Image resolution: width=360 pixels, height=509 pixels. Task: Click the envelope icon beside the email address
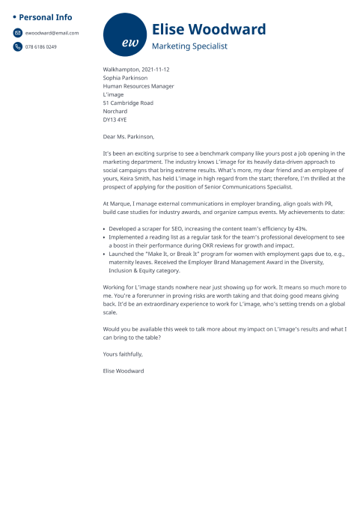point(17,33)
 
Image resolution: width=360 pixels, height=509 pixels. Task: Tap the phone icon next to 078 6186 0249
point(17,46)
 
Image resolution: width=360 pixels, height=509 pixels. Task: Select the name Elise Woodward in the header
point(208,29)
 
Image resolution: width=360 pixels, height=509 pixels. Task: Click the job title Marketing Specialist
point(189,46)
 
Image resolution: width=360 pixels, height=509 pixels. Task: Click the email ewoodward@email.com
point(52,33)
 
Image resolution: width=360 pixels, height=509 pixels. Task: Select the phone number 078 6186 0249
point(41,46)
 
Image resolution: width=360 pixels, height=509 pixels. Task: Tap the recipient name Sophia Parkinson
point(125,78)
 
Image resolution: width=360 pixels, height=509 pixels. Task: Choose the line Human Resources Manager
point(138,86)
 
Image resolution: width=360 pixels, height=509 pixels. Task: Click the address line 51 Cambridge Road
point(128,103)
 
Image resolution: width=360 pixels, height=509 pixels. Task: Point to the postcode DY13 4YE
point(115,119)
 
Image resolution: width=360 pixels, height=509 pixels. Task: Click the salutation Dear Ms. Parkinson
point(129,136)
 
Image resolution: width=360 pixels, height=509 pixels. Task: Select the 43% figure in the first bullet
point(300,228)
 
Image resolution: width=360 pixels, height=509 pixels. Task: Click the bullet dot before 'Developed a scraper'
point(105,228)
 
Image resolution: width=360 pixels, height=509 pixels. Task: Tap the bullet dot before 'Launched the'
point(105,254)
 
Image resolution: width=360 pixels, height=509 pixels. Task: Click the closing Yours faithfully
point(123,354)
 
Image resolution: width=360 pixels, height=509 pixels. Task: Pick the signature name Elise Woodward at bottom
point(123,371)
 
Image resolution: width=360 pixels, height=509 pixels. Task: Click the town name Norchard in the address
point(115,111)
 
